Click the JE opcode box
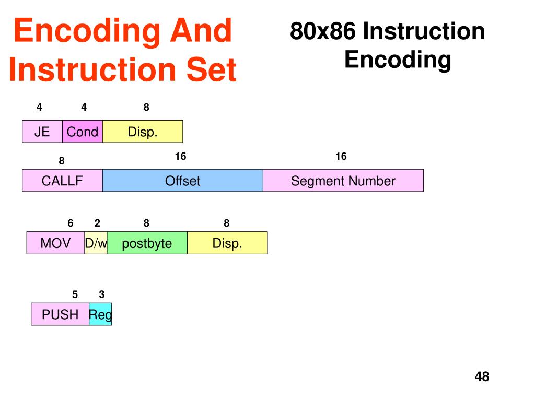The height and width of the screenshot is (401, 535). pos(42,132)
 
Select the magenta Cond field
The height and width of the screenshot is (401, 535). pos(83,132)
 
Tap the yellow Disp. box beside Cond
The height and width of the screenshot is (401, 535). pos(143,132)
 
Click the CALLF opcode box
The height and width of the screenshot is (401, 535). pos(62,181)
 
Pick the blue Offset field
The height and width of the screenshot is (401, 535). pos(183,181)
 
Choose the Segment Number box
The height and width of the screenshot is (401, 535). pos(343,181)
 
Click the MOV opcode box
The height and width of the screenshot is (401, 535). pos(55,243)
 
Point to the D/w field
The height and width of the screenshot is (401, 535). pos(96,243)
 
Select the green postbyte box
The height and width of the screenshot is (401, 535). pos(147,243)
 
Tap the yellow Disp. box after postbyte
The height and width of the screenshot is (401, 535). pos(227,243)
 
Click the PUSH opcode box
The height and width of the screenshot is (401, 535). pos(60,314)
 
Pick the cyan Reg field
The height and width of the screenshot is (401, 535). pos(100,314)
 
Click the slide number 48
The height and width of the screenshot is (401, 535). pos(482,376)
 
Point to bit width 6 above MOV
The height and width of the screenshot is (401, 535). pos(71,223)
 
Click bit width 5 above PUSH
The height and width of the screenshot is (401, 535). pos(75,294)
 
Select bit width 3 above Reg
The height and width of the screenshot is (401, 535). pos(101,294)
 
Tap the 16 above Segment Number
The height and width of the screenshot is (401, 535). pos(341,157)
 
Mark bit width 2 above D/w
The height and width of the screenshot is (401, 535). pos(97,223)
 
